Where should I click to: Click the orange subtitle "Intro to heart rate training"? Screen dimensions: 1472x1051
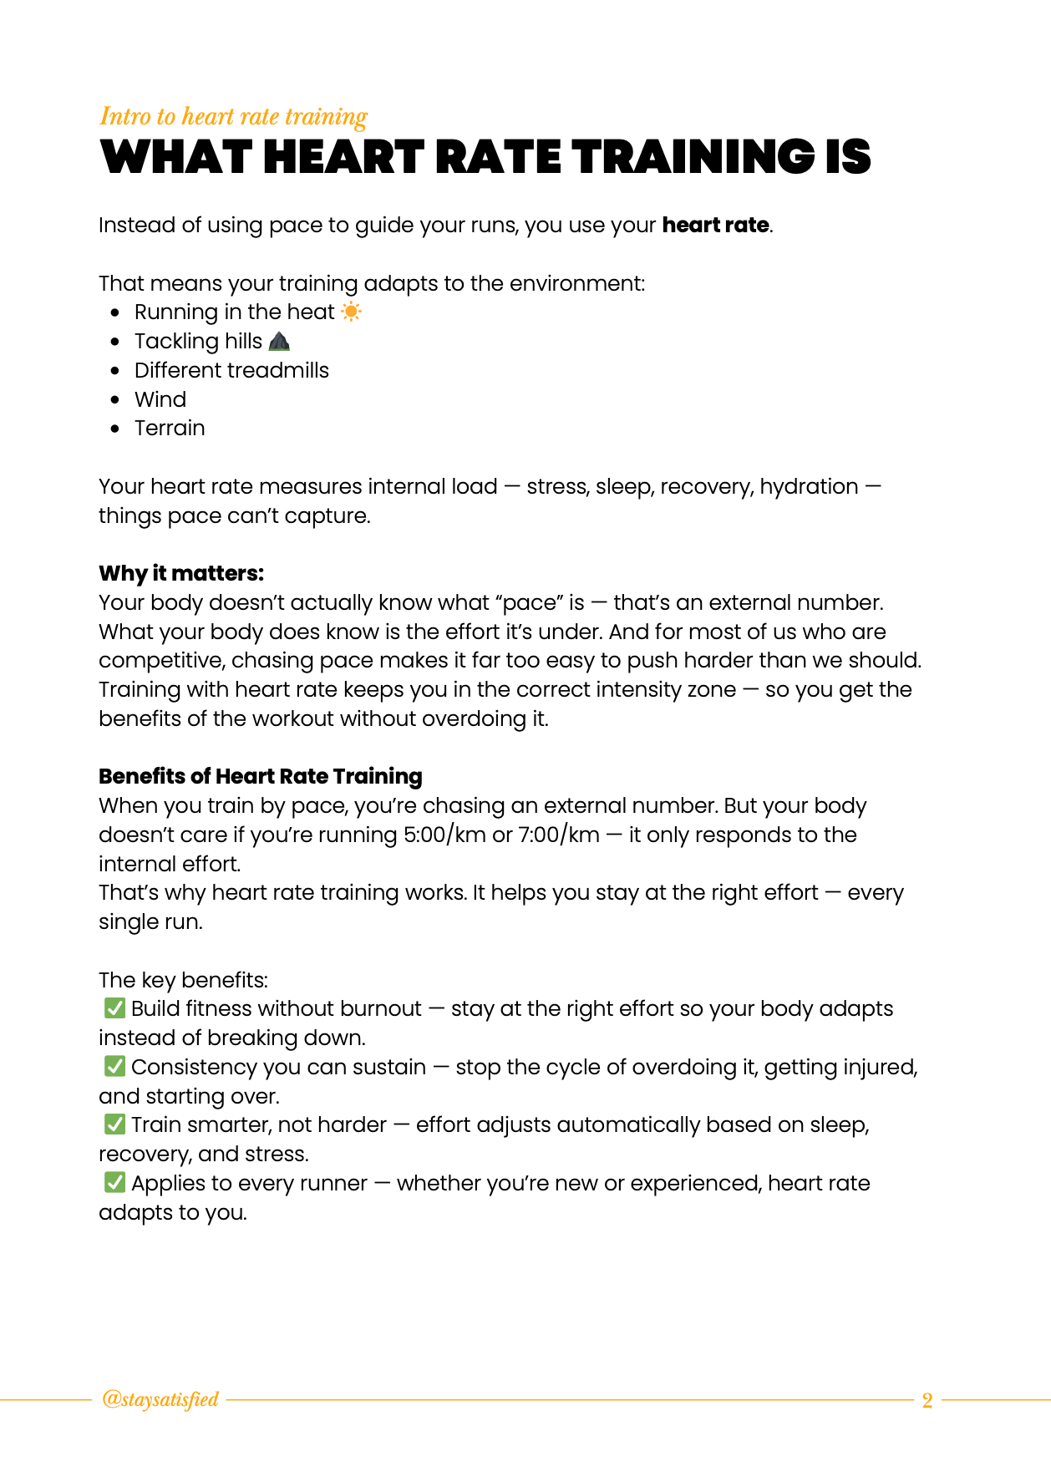point(233,116)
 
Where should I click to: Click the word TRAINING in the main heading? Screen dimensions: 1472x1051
point(692,157)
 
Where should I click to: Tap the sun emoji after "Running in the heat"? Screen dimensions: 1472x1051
point(352,312)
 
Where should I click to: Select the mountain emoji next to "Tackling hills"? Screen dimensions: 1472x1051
point(280,341)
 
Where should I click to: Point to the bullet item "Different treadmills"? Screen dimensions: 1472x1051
point(231,370)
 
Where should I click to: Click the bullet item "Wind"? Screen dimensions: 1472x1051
point(160,399)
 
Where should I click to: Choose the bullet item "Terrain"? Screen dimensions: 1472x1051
point(170,429)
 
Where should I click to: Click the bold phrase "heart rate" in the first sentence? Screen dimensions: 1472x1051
point(715,226)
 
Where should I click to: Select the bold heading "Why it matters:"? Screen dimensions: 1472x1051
point(181,573)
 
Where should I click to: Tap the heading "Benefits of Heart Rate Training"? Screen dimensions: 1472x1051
point(261,776)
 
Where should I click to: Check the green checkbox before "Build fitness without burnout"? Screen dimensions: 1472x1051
point(114,1008)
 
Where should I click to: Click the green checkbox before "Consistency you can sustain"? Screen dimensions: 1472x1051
point(114,1067)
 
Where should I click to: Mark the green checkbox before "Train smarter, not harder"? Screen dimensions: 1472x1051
point(114,1124)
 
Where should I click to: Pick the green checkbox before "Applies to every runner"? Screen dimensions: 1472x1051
point(114,1183)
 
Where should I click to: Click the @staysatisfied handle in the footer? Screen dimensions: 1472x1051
point(160,1399)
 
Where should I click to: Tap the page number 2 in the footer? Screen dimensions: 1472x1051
point(927,1400)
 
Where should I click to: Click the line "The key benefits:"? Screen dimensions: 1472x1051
point(184,980)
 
